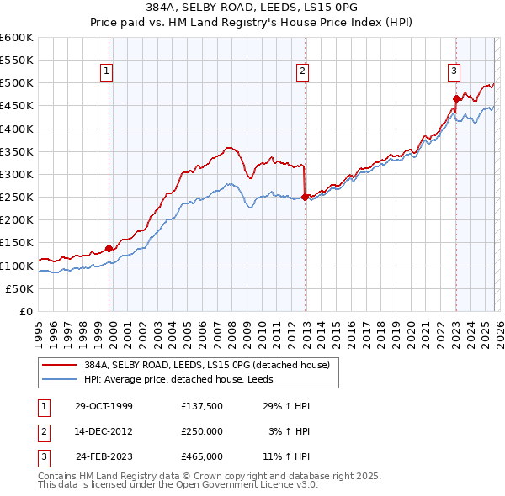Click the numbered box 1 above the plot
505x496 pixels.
(108, 72)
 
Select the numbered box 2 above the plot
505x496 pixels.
(301, 72)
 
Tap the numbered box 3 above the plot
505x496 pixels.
(454, 72)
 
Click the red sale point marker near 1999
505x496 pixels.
(109, 248)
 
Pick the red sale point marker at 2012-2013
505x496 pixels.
(305, 198)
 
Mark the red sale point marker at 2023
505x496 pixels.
(455, 99)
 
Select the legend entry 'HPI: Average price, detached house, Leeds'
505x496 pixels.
(184, 379)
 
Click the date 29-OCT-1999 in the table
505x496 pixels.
(104, 406)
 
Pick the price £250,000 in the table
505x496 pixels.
(201, 431)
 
